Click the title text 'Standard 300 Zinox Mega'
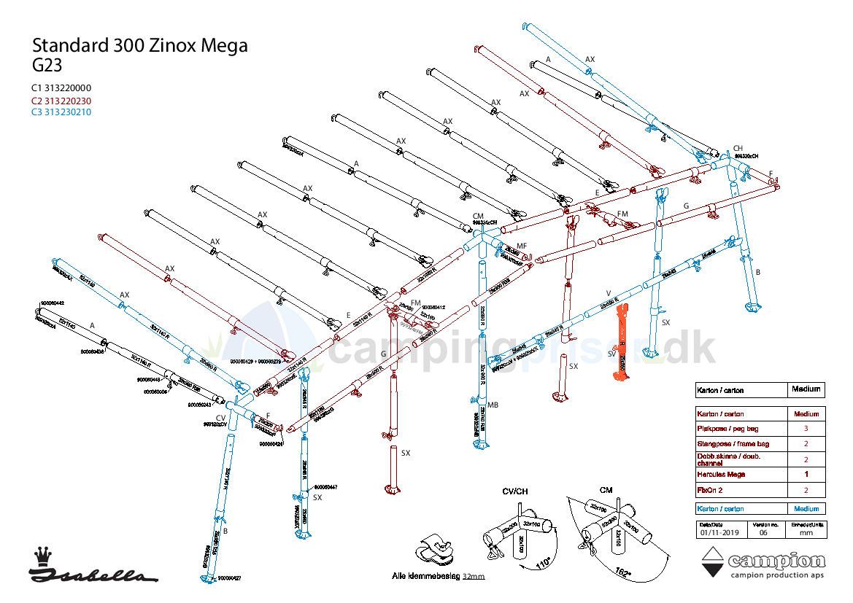pyautogui.click(x=139, y=46)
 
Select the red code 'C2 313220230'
pyautogui.click(x=61, y=101)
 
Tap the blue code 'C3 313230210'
pyautogui.click(x=61, y=112)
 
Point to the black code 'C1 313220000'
pyautogui.click(x=61, y=88)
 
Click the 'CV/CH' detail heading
pyautogui.click(x=516, y=491)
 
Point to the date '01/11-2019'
pyautogui.click(x=718, y=532)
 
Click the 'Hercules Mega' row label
pyautogui.click(x=721, y=475)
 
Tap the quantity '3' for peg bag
pyautogui.click(x=806, y=429)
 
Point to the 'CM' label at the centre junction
pyautogui.click(x=478, y=217)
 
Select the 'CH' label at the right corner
pyautogui.click(x=738, y=148)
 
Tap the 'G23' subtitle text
pyautogui.click(x=47, y=65)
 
